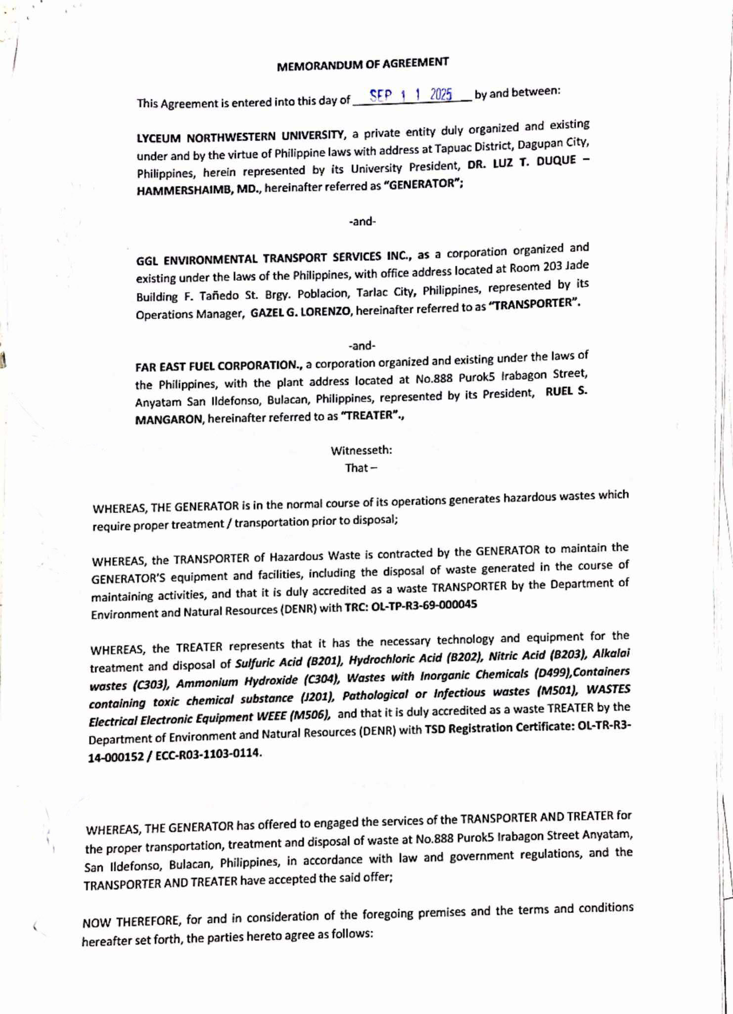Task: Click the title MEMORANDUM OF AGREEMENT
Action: pyautogui.click(x=363, y=64)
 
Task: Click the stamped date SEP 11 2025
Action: pyautogui.click(x=411, y=95)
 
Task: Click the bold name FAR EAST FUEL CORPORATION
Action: pyautogui.click(x=218, y=366)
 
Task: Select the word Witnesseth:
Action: pyautogui.click(x=361, y=451)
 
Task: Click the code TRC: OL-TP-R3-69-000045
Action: pyautogui.click(x=411, y=606)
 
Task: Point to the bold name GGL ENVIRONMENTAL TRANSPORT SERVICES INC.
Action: pyautogui.click(x=274, y=257)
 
